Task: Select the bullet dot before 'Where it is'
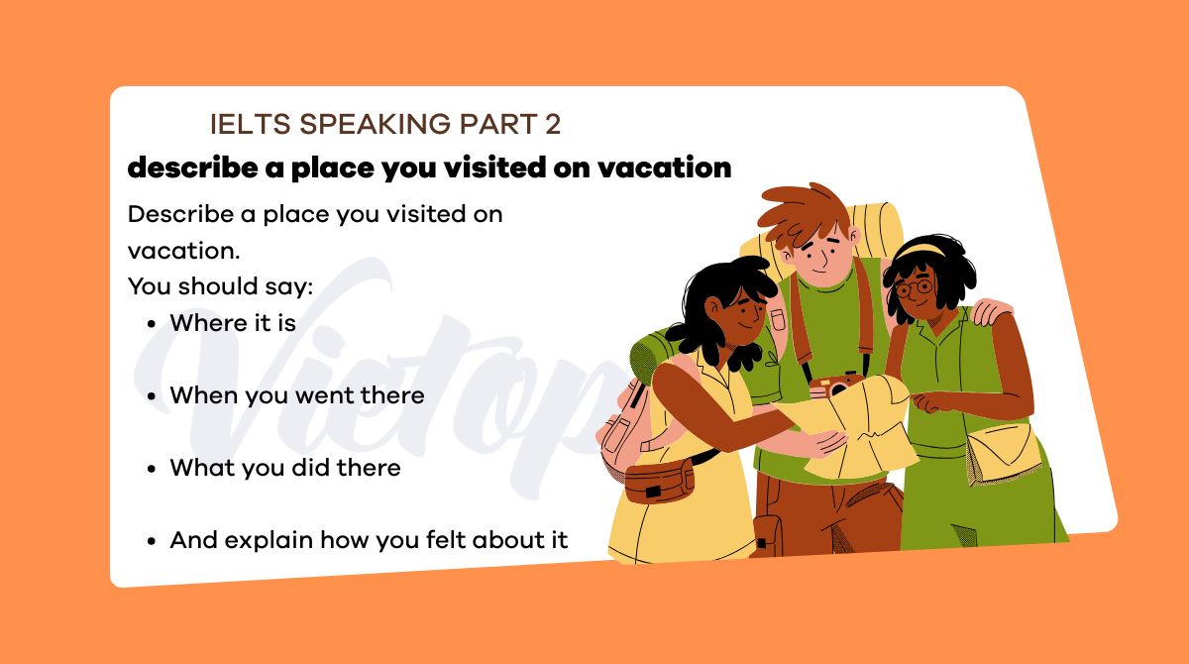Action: [151, 323]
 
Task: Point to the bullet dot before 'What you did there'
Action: [151, 469]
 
